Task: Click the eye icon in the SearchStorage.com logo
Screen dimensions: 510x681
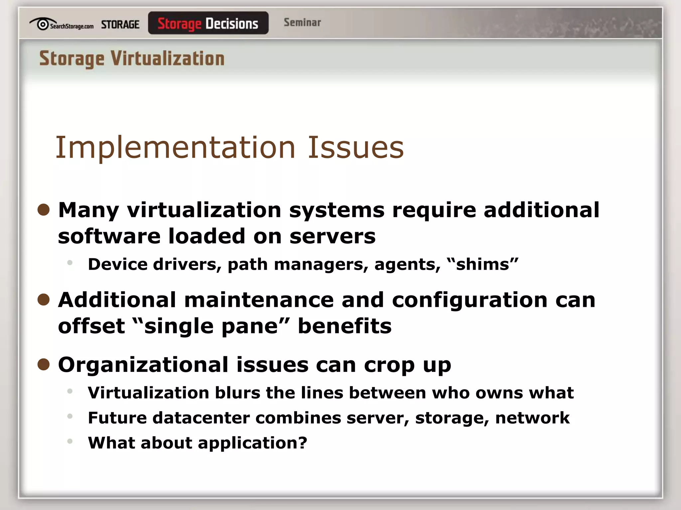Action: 42,24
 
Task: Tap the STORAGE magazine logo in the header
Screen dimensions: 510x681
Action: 120,25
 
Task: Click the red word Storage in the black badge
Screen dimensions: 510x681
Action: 179,24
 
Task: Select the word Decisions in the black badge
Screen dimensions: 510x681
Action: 232,24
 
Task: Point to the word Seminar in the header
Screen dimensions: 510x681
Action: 302,23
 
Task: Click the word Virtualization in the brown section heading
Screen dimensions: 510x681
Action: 168,59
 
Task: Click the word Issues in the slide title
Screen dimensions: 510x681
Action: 355,147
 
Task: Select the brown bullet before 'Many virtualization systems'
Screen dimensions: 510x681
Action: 44,210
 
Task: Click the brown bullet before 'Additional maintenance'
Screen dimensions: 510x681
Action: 44,299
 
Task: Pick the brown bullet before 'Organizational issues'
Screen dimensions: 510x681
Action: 44,364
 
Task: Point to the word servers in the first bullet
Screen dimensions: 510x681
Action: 332,236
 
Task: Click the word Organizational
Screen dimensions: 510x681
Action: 143,365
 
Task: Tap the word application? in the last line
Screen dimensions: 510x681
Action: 252,443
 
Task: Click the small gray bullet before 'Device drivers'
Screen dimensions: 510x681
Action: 70,263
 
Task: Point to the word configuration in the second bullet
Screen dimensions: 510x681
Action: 470,300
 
